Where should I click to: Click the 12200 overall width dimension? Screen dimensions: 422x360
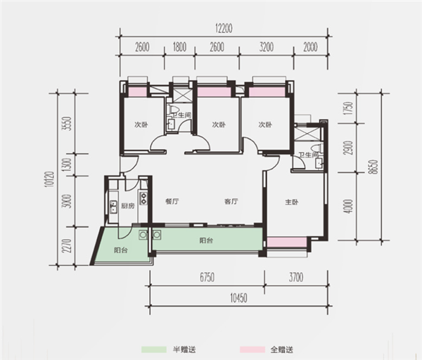point(224,28)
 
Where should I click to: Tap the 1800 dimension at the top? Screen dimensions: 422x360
point(179,47)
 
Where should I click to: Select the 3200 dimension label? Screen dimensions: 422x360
point(267,47)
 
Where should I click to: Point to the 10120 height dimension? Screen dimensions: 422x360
point(50,179)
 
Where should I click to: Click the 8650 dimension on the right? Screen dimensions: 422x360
point(373,167)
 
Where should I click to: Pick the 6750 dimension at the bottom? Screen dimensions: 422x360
point(207,278)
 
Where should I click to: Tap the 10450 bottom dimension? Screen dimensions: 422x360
point(238,298)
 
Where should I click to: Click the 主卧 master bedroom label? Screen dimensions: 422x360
point(292,202)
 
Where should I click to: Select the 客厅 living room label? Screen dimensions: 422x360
point(231,201)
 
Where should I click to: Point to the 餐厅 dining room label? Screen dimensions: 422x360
point(172,201)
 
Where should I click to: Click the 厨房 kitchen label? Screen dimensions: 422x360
point(127,206)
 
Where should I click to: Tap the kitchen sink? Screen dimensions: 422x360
point(113,207)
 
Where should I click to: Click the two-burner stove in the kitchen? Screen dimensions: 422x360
point(143,198)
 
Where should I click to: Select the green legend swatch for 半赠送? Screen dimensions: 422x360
point(154,349)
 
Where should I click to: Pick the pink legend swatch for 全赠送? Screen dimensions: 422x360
point(252,349)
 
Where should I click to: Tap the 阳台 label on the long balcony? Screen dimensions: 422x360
point(206,240)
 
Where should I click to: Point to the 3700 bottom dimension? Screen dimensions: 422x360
point(296,278)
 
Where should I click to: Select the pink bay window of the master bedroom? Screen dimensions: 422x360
point(287,242)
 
